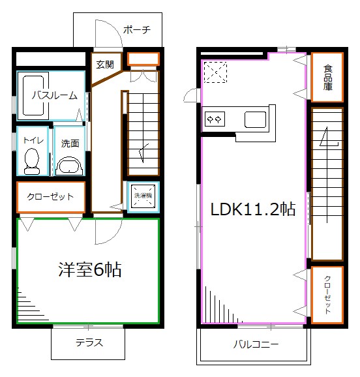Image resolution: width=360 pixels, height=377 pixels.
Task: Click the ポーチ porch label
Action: pos(136,30)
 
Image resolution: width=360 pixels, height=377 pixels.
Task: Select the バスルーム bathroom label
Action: pos(55,95)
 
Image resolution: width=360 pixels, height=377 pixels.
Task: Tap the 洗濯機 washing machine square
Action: pos(142,198)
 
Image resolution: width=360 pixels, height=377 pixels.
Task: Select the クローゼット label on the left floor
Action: pos(50,197)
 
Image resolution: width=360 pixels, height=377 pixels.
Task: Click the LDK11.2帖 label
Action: pos(252,209)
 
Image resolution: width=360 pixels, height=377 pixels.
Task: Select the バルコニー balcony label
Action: pos(256,344)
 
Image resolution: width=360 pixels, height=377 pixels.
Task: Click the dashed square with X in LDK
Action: pos(215,72)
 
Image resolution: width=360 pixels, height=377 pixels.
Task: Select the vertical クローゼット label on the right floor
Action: pos(327,294)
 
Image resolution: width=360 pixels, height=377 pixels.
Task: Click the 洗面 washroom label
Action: pos(70,143)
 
